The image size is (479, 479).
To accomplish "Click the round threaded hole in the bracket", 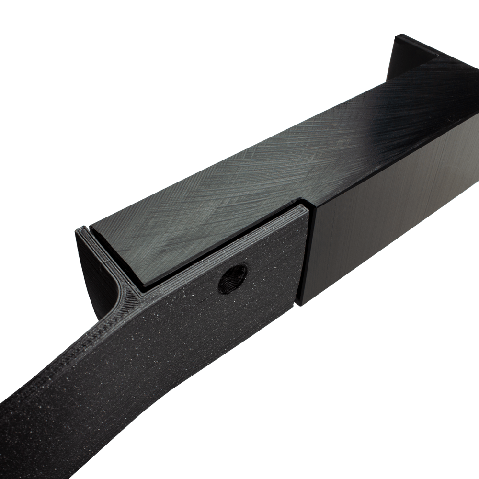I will (x=233, y=278).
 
